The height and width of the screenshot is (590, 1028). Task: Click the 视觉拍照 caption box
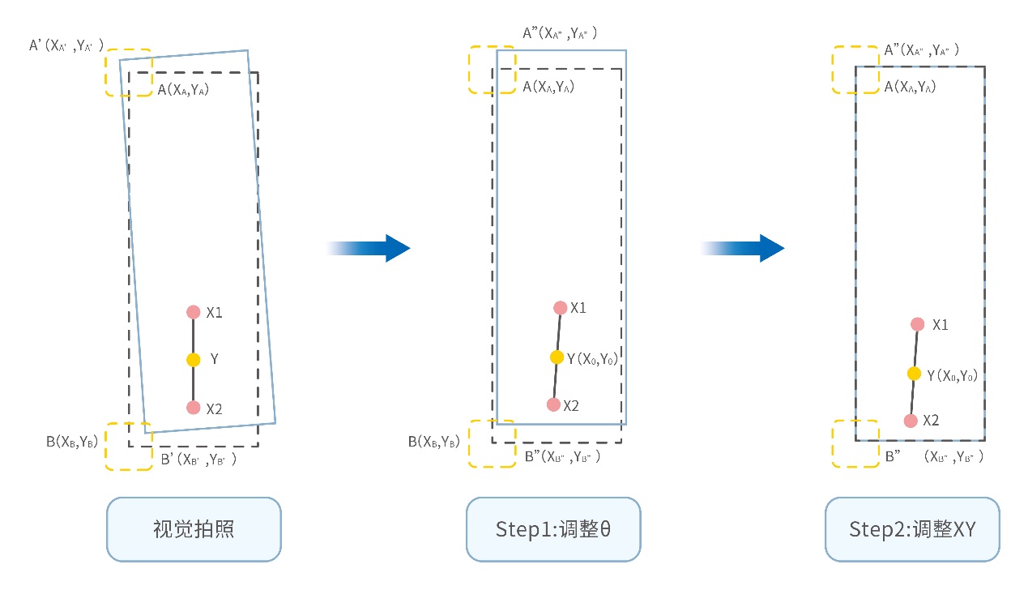coord(194,529)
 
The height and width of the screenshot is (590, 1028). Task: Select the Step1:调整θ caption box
coord(553,529)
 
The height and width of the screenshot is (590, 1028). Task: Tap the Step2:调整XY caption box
coord(912,529)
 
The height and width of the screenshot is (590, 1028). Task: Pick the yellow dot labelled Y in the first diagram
coord(193,360)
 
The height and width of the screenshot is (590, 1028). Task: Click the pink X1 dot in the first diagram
coord(193,312)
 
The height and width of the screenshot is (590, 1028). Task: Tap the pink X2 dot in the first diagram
coord(193,408)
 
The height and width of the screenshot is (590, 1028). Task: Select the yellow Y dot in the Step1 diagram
coord(557,357)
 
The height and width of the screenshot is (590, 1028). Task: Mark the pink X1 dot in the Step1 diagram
coord(560,308)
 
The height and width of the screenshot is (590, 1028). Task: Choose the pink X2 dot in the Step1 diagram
coord(553,404)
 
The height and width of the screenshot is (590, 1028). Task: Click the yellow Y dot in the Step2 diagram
coord(914,374)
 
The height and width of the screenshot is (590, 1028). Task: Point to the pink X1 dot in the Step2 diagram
coord(917,324)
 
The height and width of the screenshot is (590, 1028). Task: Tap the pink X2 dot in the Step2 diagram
coord(911,421)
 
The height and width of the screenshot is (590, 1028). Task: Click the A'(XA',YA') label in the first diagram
coord(66,46)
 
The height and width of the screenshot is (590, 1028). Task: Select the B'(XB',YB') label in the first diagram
coord(198,460)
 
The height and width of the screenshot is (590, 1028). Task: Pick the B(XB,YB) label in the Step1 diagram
coord(433,442)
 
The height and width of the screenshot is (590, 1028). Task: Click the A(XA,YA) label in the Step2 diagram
coord(910,87)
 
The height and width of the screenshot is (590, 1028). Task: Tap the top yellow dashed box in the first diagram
coord(129,73)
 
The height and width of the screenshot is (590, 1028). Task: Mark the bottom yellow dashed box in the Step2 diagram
coord(856,443)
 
